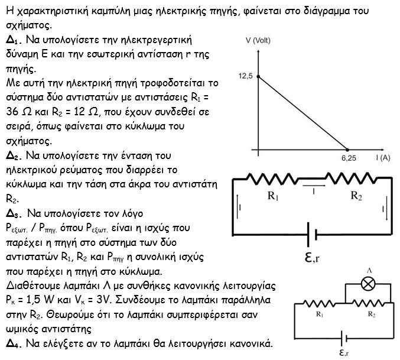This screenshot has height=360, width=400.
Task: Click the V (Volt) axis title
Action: point(258,40)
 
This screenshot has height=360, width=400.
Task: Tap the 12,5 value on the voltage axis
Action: point(245,76)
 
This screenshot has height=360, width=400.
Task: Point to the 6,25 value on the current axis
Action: point(349,158)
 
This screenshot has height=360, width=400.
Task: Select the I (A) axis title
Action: point(383,158)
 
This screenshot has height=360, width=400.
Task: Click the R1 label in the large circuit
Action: point(273,196)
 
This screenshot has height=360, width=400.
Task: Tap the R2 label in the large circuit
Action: point(356,196)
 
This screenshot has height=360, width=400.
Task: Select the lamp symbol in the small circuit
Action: point(368,284)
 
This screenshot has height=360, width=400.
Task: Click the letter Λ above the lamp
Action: point(369,271)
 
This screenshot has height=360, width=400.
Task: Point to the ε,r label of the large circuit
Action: point(312,257)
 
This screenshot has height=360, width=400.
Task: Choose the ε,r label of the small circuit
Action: point(344,352)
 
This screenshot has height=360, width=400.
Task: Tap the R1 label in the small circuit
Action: point(320,314)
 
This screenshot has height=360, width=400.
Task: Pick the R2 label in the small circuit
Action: point(372,314)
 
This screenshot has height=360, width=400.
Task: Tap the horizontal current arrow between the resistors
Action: point(314,186)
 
